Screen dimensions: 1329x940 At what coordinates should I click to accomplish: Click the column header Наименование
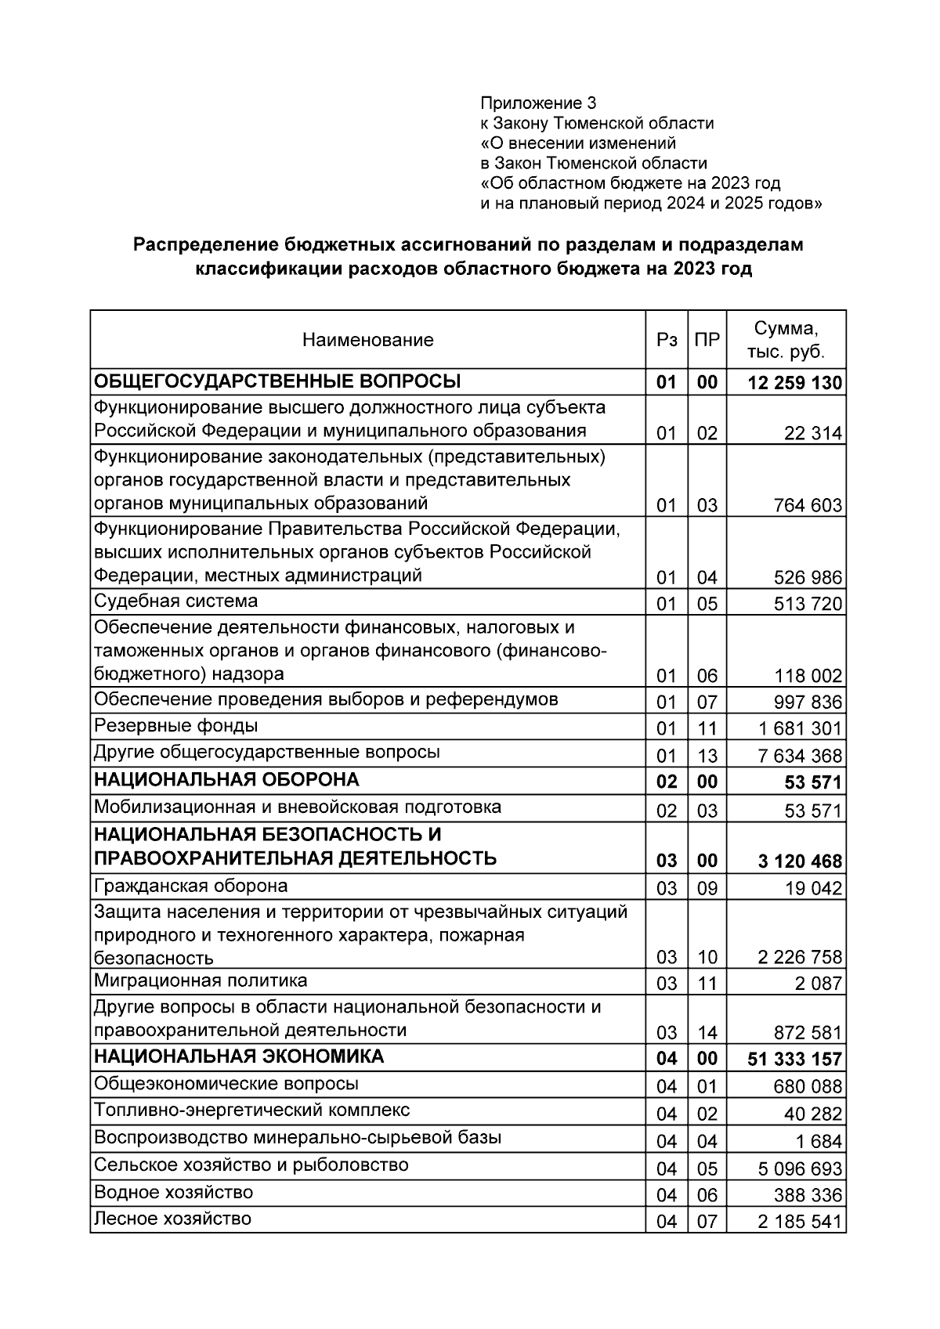tap(367, 340)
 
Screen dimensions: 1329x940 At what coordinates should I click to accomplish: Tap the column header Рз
tap(667, 340)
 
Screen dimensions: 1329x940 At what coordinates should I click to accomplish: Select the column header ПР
tap(707, 340)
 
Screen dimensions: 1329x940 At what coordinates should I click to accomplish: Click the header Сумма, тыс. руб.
tap(786, 340)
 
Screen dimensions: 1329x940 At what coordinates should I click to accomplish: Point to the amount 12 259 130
tap(795, 383)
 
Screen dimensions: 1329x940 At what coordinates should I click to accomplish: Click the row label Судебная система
tap(175, 601)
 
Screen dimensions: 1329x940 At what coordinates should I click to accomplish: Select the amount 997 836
tap(808, 702)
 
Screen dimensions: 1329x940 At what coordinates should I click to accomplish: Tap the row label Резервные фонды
tap(175, 726)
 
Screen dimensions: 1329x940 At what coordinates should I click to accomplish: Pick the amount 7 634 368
tap(800, 756)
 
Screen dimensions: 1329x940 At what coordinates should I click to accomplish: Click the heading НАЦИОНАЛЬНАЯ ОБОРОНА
tap(226, 780)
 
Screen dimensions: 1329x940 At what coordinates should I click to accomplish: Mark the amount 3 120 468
tap(800, 861)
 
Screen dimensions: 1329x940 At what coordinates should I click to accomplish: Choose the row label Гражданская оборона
tap(190, 887)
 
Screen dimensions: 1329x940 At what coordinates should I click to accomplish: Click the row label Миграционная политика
tap(201, 981)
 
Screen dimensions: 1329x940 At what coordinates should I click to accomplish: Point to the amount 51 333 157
tap(795, 1060)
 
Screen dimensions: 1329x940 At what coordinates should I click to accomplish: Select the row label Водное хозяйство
tap(173, 1193)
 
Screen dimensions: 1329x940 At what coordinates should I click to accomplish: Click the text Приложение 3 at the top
tap(538, 103)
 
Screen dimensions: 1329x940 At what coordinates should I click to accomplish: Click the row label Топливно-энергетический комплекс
tap(251, 1111)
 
